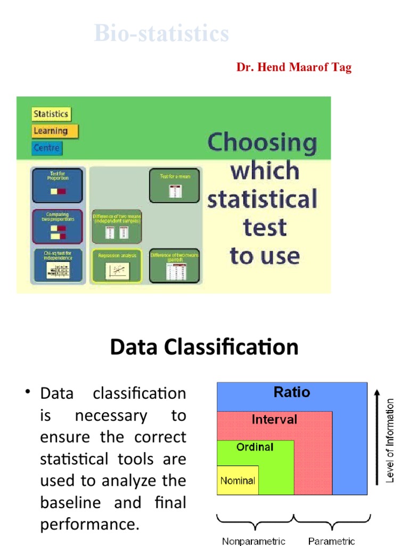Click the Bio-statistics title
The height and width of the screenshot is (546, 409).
[x=161, y=34]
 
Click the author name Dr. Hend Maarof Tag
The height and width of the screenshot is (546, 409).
[x=294, y=68]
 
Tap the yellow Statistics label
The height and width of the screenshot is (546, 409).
[x=51, y=114]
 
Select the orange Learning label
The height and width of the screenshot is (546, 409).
[x=51, y=131]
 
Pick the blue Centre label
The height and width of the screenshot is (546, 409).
[x=47, y=148]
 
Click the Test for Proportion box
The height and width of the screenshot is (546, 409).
[x=58, y=185]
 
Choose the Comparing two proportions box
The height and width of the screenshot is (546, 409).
[x=58, y=226]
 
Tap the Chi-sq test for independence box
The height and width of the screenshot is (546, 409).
[x=58, y=264]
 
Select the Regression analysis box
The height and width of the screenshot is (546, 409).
[x=117, y=265]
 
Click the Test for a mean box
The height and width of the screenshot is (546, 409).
[x=174, y=185]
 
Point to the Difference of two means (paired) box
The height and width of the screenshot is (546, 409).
[x=174, y=265]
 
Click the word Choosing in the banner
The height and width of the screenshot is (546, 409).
[x=261, y=143]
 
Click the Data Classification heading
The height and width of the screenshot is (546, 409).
[x=204, y=347]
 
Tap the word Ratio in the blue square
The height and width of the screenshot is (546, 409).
[x=291, y=392]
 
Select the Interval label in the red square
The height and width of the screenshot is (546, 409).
[x=274, y=420]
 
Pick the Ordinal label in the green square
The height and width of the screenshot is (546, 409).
[x=255, y=447]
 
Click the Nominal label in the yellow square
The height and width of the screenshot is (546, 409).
[x=238, y=480]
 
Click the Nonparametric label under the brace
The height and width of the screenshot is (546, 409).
[x=253, y=541]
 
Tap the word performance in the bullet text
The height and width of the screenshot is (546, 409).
[x=89, y=525]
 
